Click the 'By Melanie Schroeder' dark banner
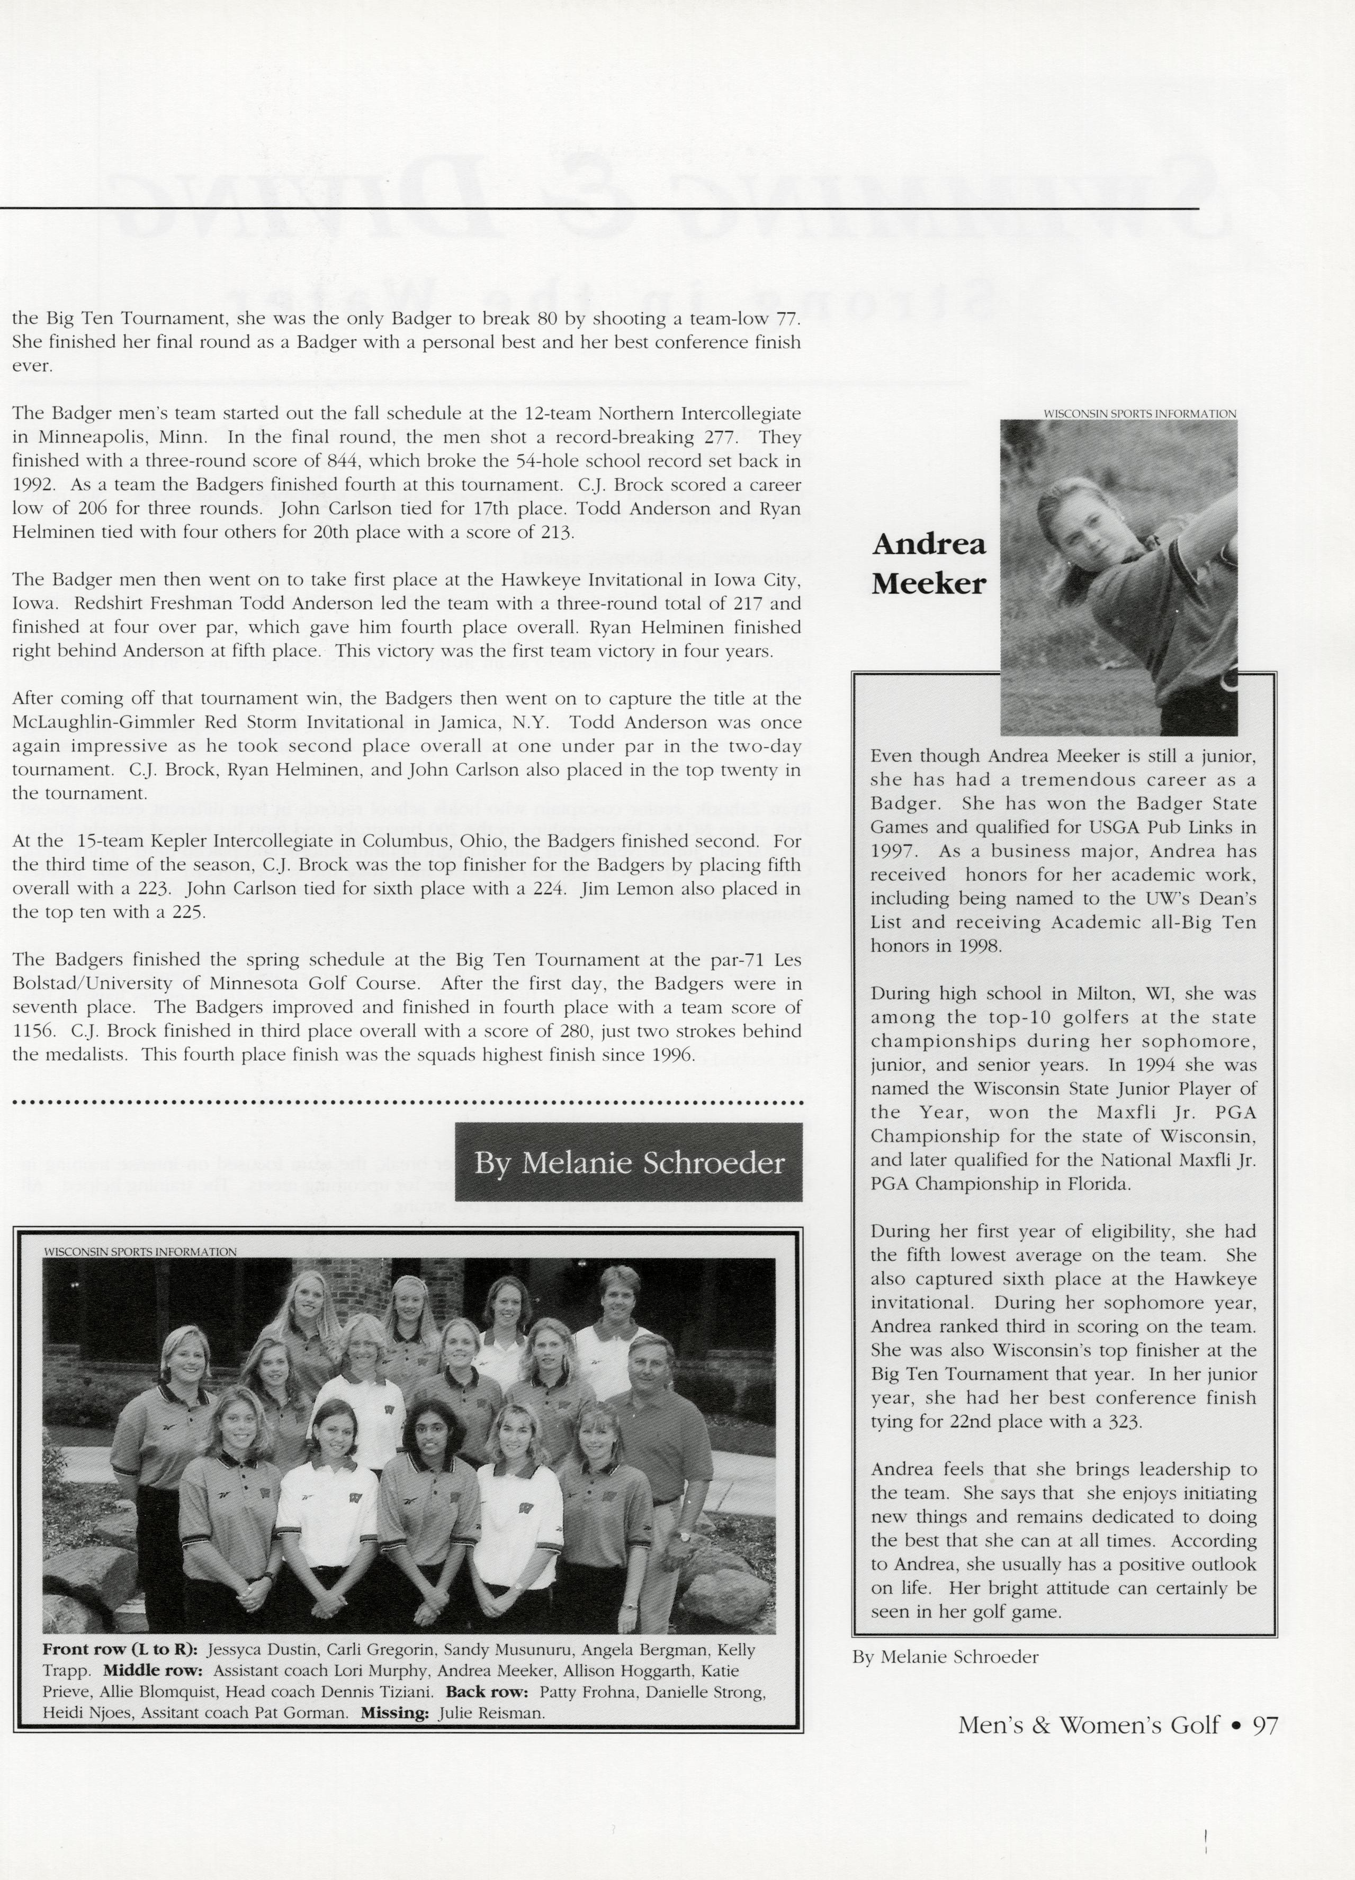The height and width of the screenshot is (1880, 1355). [x=629, y=1162]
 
